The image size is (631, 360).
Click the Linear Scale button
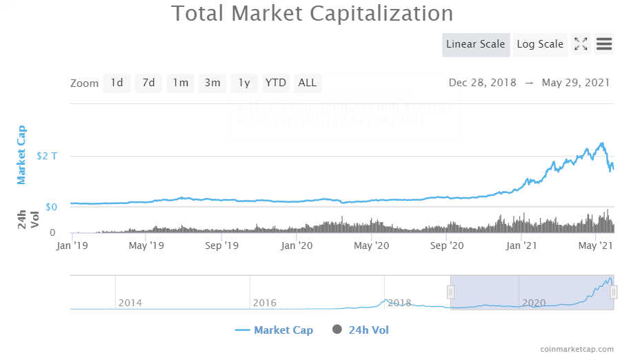click(x=476, y=44)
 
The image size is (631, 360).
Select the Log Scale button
click(x=540, y=44)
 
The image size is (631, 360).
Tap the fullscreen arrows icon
click(x=581, y=44)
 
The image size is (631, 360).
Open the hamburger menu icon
click(x=604, y=44)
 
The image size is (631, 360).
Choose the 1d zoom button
click(x=117, y=83)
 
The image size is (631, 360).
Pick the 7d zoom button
click(x=148, y=83)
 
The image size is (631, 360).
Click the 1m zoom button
click(x=181, y=83)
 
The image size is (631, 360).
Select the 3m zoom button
click(x=212, y=83)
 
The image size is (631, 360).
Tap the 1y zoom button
click(x=244, y=83)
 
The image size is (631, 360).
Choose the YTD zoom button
click(x=276, y=83)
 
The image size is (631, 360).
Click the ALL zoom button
click(x=308, y=83)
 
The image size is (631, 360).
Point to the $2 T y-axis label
click(x=47, y=156)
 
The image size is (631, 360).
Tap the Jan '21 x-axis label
click(x=521, y=245)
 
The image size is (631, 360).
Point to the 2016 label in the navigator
click(x=264, y=303)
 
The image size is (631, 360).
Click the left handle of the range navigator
click(x=450, y=292)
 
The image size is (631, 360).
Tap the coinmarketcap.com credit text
click(x=577, y=350)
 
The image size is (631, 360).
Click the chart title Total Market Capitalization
click(x=312, y=13)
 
